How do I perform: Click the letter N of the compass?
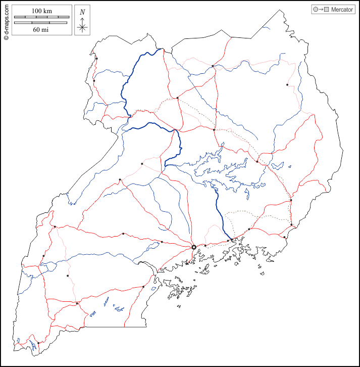click(82, 12)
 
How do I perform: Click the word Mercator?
click(342, 10)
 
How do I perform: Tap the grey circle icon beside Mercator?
click(316, 10)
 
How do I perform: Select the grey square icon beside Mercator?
click(327, 10)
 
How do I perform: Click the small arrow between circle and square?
click(321, 10)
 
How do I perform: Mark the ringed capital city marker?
click(194, 247)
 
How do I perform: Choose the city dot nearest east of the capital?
click(205, 246)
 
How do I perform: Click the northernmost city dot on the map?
click(96, 59)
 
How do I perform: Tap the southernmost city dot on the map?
click(38, 343)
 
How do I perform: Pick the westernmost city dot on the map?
click(43, 256)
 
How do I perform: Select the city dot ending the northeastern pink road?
click(287, 85)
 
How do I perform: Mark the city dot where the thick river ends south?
click(232, 240)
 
